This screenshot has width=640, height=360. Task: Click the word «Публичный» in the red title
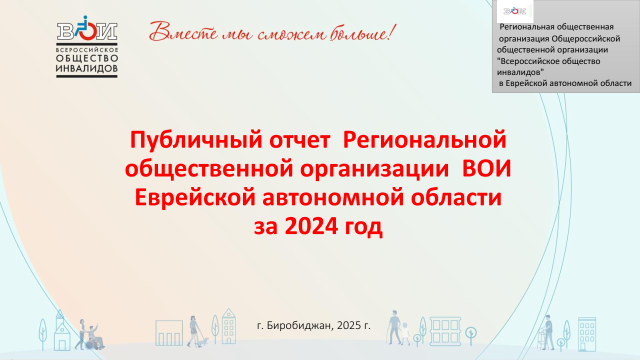pos(196,140)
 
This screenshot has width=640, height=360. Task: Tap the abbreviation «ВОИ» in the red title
pos(486,168)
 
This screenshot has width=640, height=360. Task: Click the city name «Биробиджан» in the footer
pos(300,325)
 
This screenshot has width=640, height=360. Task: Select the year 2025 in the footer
pos(349,325)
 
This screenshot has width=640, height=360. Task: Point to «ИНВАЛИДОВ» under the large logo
pos(87,68)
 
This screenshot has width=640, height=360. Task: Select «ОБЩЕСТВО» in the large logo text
pos(87,58)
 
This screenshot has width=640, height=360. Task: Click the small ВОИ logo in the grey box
pos(515,11)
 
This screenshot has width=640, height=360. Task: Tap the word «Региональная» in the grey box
pos(529,27)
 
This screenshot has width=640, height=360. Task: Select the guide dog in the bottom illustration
pos(203,341)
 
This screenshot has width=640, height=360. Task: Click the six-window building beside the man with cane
pos(445,331)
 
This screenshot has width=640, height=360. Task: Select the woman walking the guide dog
pos(193,331)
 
